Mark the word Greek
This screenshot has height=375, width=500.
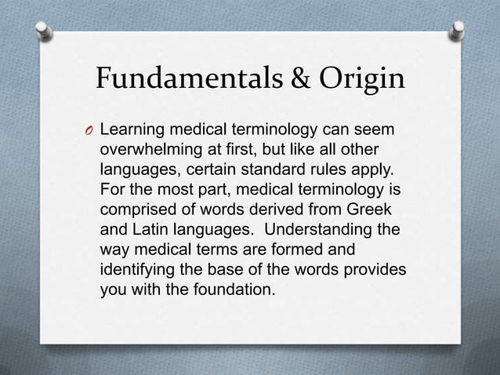point(368,209)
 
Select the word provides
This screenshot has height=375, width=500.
point(375,271)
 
